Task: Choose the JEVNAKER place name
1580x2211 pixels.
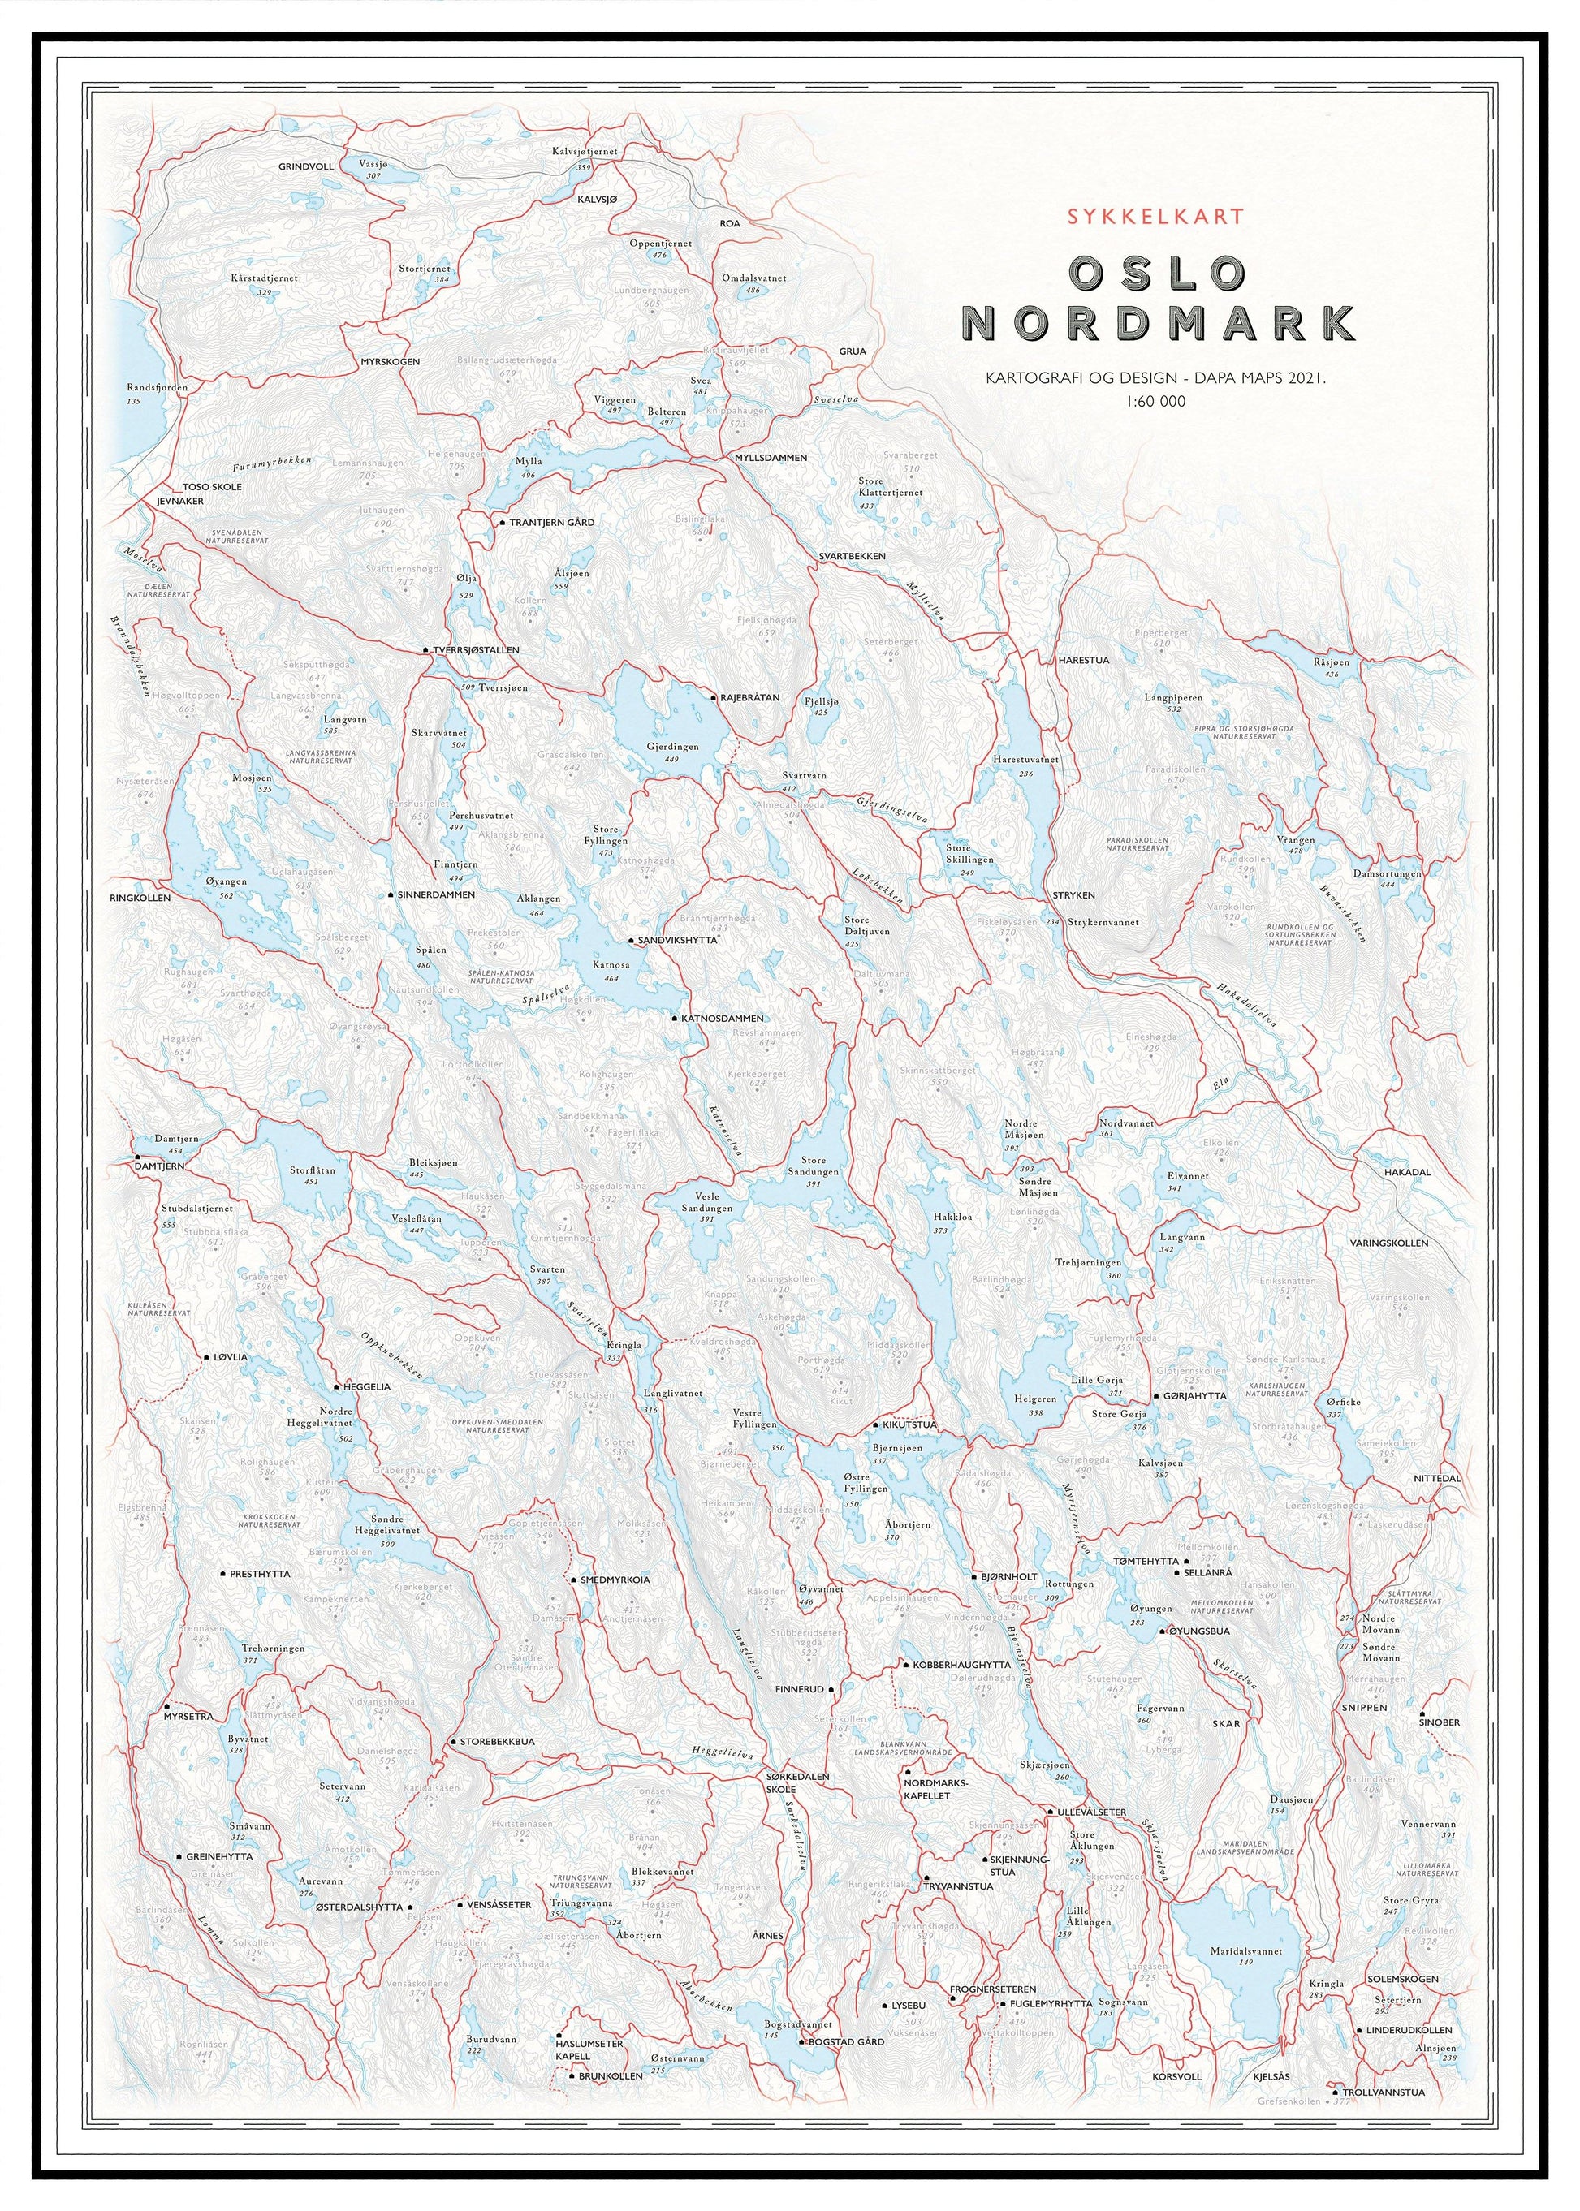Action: point(180,501)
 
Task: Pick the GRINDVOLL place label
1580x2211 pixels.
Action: point(305,166)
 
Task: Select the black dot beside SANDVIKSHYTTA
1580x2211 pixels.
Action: point(630,941)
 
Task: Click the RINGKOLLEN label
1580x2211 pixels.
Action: point(140,898)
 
